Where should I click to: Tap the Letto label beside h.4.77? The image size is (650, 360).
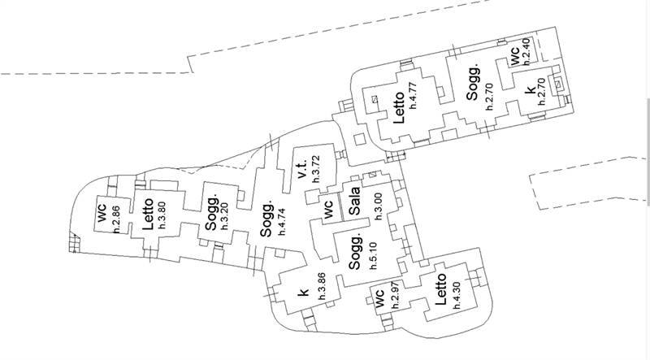[x=399, y=107]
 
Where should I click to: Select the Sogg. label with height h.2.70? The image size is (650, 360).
[x=473, y=82]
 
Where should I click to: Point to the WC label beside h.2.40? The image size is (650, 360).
[x=514, y=56]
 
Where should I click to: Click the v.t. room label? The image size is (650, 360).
[x=302, y=169]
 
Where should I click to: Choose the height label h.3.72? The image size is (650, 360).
[x=316, y=169]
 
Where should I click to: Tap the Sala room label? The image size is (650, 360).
[x=354, y=201]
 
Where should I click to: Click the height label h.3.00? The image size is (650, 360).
[x=378, y=206]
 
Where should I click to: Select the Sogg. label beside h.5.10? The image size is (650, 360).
[x=355, y=251]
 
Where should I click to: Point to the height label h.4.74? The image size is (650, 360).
[x=282, y=222]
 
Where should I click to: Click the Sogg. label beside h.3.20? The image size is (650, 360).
[x=211, y=213]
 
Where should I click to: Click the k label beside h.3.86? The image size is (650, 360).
[x=304, y=292]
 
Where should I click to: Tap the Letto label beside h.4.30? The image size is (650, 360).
[x=440, y=289]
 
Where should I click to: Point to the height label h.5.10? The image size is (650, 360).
[x=374, y=256]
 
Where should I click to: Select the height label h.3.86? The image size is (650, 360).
[x=322, y=286]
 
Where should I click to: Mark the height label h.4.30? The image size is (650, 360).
[x=457, y=295]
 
